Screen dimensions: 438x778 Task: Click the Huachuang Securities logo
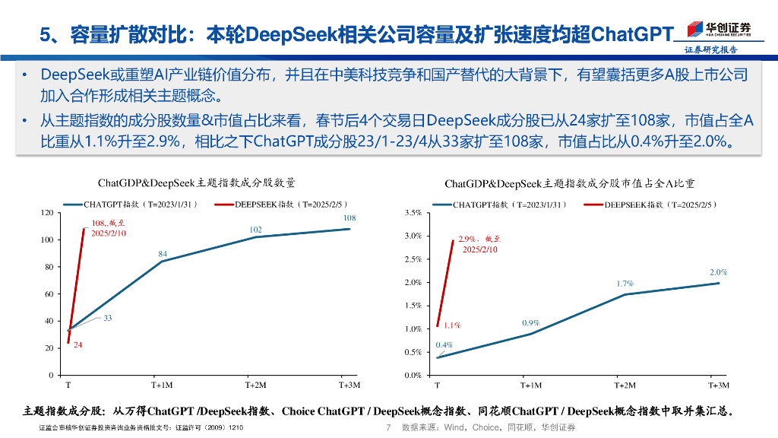click(719, 30)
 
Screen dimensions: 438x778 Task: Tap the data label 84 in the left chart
click(163, 254)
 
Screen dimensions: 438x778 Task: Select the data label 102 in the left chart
click(256, 230)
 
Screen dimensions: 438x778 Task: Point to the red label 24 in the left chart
click(77, 345)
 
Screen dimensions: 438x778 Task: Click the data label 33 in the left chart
click(108, 318)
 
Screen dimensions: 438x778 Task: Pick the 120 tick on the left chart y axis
click(47, 213)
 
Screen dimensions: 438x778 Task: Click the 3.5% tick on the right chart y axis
click(413, 213)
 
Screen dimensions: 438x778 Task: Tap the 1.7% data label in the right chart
click(625, 284)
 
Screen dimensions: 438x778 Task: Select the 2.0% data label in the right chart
click(718, 272)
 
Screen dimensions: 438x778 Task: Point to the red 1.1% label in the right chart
click(452, 325)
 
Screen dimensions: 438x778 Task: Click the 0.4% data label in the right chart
click(444, 345)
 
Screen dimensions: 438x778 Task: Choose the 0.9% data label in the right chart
click(530, 323)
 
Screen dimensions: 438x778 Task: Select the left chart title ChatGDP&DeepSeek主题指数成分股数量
click(197, 183)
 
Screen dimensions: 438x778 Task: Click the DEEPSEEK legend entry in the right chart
click(650, 205)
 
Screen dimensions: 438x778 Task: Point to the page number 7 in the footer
click(388, 428)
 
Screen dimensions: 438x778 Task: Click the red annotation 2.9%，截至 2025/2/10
click(479, 244)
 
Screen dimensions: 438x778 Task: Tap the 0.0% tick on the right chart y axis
click(413, 376)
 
